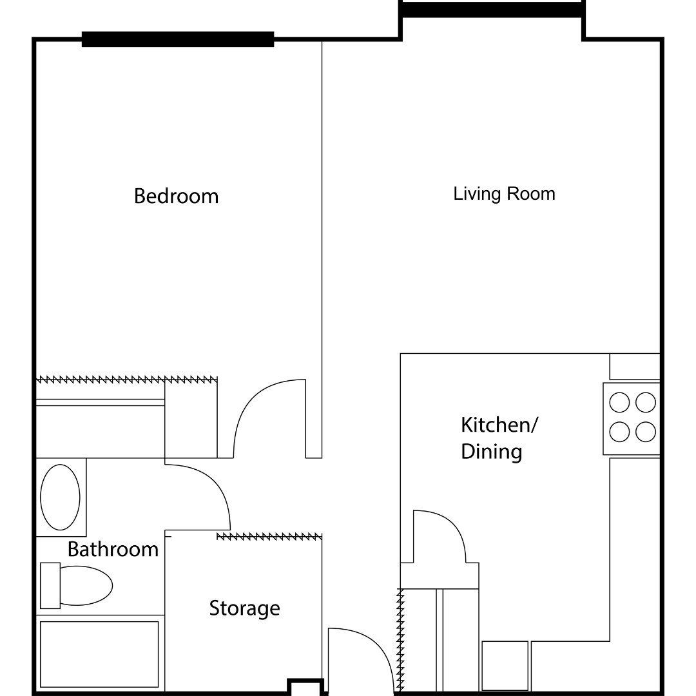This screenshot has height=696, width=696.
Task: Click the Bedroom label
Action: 176,196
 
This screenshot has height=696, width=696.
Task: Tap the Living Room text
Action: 504,194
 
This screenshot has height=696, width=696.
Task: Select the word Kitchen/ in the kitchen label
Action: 499,425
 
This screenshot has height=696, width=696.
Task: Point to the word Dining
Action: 491,452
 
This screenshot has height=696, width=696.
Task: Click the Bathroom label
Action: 113,549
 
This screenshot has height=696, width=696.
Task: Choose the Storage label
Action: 244,608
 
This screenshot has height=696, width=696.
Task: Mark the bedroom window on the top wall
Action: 178,39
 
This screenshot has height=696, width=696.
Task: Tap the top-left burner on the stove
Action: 619,403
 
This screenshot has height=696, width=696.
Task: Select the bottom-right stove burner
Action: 646,432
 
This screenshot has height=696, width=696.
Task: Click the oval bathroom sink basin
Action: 60,497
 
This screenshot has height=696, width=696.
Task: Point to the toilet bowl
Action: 85,586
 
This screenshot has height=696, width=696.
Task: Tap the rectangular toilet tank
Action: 50,586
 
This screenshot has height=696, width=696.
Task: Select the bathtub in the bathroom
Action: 99,653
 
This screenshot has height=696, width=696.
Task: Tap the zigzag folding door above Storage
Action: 269,536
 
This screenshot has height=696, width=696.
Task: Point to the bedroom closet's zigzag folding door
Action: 126,379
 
